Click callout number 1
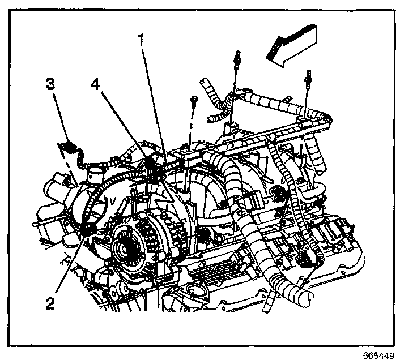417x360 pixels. tap(142, 40)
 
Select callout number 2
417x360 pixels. tap(50, 304)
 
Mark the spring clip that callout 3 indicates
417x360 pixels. tap(69, 149)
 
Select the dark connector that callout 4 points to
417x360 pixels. tap(151, 164)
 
